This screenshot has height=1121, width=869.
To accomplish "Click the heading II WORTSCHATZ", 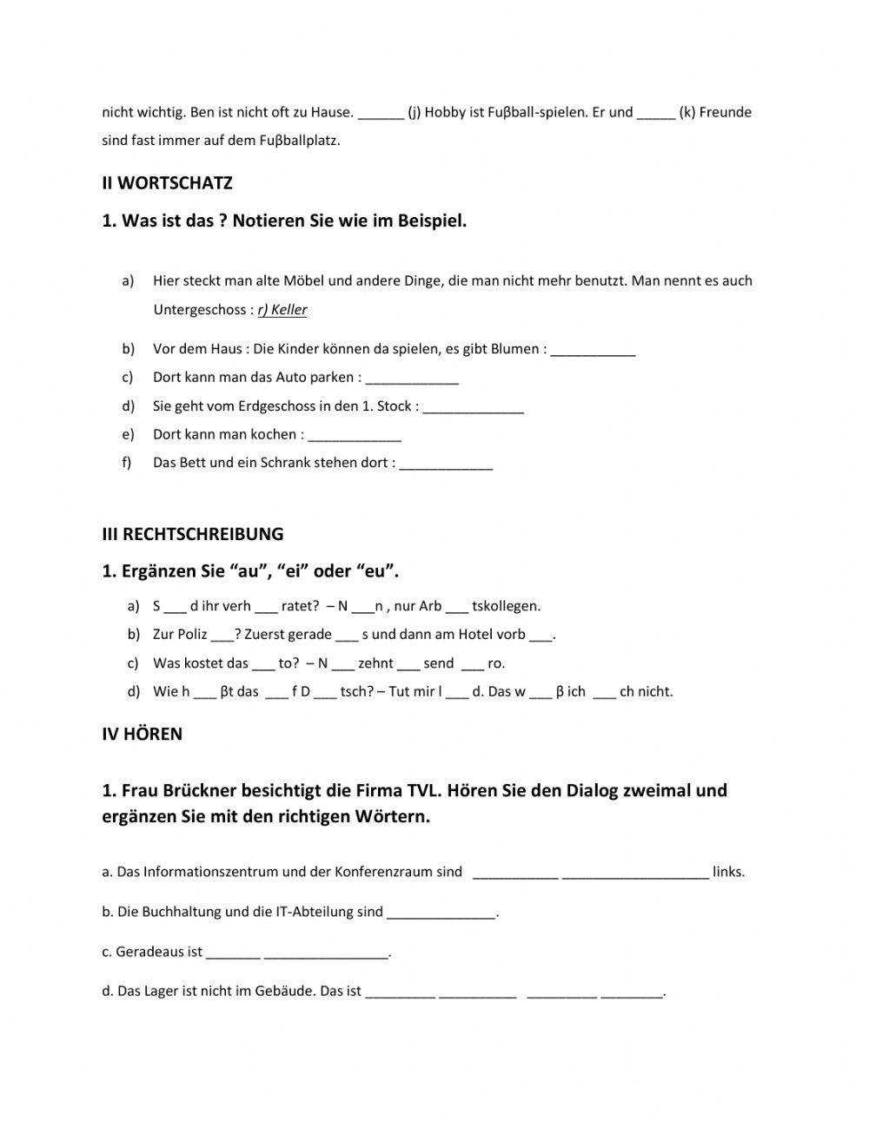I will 167,183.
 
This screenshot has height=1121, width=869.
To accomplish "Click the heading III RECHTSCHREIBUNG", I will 192,534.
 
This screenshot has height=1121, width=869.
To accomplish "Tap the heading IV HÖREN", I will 142,735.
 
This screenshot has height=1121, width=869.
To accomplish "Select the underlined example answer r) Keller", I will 282,310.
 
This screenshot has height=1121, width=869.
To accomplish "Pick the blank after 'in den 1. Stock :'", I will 474,407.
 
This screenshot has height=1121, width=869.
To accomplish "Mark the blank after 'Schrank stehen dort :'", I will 446,464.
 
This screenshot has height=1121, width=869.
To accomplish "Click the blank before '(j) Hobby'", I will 381,113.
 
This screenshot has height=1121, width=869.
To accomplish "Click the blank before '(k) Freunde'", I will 656,113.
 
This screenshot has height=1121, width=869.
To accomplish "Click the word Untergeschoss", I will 199,310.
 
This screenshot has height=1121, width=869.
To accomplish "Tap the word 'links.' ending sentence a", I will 728,872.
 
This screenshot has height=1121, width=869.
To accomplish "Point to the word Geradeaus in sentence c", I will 148,952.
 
